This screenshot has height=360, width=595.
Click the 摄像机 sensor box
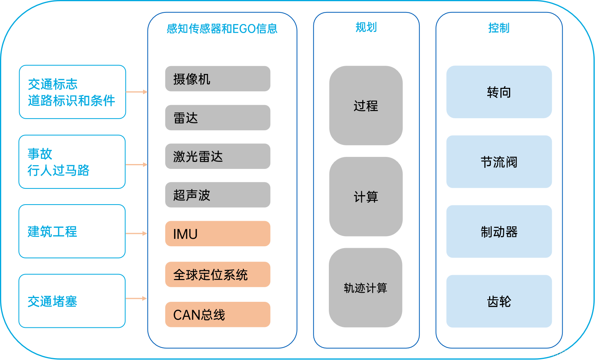(x=218, y=79)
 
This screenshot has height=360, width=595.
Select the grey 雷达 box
(x=218, y=118)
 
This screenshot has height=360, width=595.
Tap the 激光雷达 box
(x=218, y=157)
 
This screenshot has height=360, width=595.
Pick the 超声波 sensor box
(x=218, y=195)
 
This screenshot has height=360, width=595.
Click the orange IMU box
(x=218, y=234)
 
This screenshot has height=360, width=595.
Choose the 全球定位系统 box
(x=218, y=275)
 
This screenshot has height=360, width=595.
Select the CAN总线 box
(x=218, y=315)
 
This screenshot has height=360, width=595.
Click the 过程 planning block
(x=366, y=106)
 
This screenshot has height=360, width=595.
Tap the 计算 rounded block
(x=366, y=197)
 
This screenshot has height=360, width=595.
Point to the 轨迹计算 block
(x=366, y=288)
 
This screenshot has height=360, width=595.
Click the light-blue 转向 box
(x=499, y=92)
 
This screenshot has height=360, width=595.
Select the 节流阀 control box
(x=499, y=162)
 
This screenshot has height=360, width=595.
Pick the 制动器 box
(x=499, y=232)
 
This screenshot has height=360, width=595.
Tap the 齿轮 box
(x=499, y=301)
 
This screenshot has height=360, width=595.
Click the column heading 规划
(x=366, y=27)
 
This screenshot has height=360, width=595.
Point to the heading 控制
(x=499, y=28)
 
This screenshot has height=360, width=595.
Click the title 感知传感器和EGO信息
(x=222, y=29)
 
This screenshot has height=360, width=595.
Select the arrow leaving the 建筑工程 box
(x=136, y=233)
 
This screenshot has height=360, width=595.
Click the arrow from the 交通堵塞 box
(x=136, y=298)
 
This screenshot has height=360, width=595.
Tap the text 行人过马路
(x=59, y=170)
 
